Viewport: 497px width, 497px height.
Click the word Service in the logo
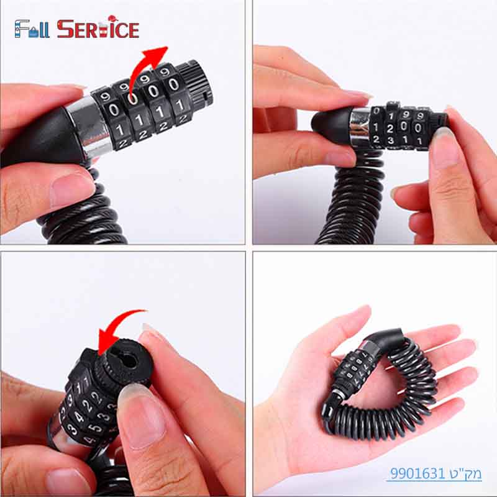point(98,29)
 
